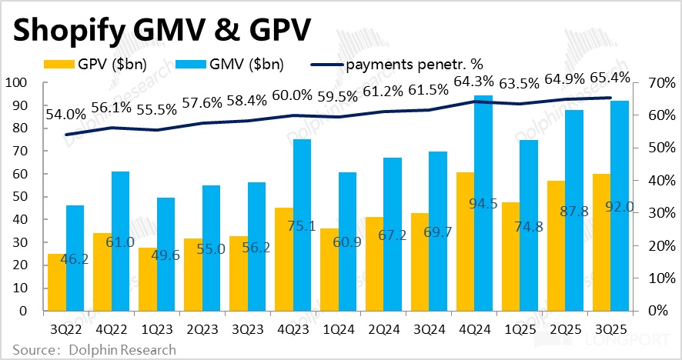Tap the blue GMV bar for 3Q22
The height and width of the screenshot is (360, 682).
[75, 258]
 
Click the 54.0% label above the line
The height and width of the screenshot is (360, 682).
[66, 114]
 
